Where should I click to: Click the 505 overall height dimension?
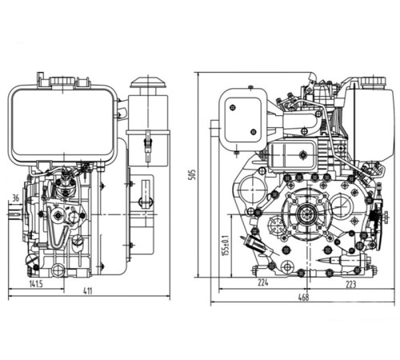(x=191, y=174)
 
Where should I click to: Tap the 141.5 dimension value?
(x=34, y=282)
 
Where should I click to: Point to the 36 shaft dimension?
(x=16, y=198)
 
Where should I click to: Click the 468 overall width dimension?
(x=304, y=298)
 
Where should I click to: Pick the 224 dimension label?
(x=263, y=282)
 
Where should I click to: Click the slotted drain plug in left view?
(x=31, y=261)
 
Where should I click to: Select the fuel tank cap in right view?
(x=371, y=82)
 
